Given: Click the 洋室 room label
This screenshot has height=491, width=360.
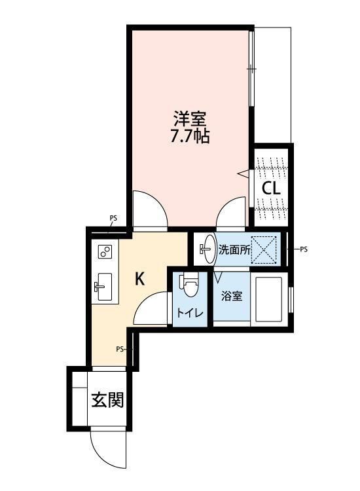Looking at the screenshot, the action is coord(190,119).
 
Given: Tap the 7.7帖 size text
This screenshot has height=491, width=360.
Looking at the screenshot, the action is coord(190,136).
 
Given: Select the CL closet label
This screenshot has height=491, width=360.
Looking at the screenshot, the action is coord(271,189).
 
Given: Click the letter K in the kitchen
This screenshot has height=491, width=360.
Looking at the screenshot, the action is coord(139,278).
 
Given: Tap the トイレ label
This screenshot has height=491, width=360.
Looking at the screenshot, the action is coord(190,312).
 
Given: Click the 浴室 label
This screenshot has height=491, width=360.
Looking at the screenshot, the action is coord(232,296).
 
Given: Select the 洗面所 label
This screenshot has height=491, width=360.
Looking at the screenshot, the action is coord(234,250).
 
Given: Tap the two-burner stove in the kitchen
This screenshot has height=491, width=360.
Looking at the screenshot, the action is coord(105,251).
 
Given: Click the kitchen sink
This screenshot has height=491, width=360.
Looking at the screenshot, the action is coord(103,287).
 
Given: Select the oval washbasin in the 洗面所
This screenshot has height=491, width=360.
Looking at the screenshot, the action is coord(207,249).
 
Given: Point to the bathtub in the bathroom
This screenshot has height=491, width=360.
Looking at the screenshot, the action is coord(269,299).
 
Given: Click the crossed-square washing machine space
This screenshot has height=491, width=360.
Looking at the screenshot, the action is coord(264,250).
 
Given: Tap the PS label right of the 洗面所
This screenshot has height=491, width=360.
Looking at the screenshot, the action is coord(304,249).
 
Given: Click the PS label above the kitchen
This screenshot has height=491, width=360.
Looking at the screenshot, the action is coord(113,218).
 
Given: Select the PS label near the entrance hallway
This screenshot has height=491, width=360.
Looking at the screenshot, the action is coord(120,349).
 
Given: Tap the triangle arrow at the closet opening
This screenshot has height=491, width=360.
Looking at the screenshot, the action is coord(244,173).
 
